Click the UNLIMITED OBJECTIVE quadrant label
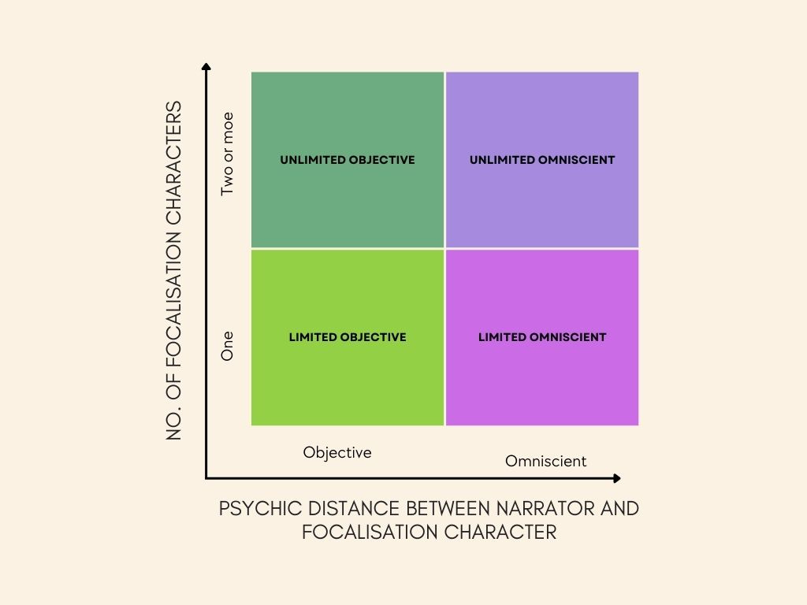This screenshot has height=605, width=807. (348, 160)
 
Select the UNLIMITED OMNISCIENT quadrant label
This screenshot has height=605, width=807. (542, 160)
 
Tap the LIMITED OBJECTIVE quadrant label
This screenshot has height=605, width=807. (348, 337)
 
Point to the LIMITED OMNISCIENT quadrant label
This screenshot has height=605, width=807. (542, 337)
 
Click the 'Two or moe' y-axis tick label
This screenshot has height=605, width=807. (228, 159)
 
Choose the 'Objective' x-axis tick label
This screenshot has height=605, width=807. (337, 453)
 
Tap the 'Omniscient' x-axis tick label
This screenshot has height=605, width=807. (546, 462)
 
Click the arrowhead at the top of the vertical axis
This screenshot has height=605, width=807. (206, 66)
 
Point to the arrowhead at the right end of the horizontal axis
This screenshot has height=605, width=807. (616, 478)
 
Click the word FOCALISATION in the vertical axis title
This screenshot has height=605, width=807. (175, 300)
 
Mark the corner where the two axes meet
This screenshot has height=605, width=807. (206, 478)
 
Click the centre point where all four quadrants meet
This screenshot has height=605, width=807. (445, 249)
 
